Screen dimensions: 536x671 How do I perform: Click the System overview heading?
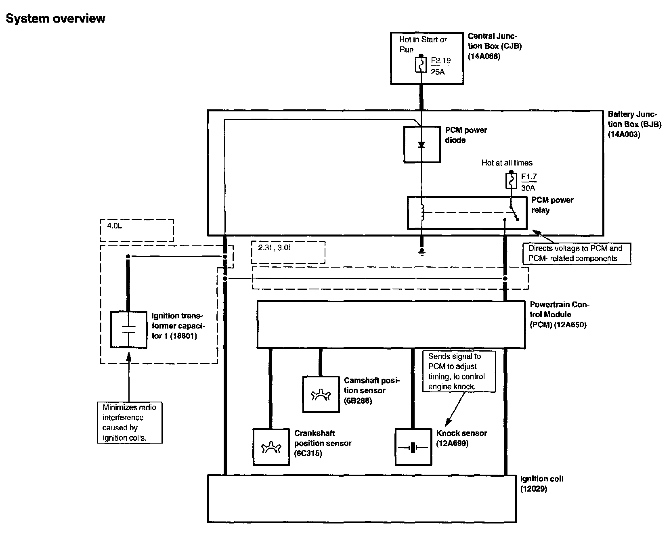pos(55,19)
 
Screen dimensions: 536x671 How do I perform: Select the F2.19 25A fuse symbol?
pos(421,65)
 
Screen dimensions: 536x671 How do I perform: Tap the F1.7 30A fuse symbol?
pos(511,180)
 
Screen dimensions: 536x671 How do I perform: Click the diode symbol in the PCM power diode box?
pos(422,144)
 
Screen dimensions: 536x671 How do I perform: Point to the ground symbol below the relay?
pos(422,252)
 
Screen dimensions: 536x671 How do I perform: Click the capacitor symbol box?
pos(128,329)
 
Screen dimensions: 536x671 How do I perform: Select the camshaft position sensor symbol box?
pos(321,394)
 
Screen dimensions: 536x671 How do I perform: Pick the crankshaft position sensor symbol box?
pos(271,447)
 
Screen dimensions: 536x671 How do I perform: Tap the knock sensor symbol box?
pos(413,447)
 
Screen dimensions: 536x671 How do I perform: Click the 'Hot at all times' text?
pos(507,163)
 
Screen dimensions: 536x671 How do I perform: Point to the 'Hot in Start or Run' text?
pos(423,44)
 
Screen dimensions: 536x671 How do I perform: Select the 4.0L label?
pos(115,226)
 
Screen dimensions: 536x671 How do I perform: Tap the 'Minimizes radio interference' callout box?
pos(130,423)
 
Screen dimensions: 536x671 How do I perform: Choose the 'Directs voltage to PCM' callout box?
pos(577,253)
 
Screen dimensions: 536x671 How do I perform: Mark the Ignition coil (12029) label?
pos(541,484)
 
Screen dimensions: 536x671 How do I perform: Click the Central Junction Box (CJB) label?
pos(495,46)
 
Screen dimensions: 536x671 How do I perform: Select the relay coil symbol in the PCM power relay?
pos(422,213)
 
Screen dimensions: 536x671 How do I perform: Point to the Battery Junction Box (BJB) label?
pos(634,124)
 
